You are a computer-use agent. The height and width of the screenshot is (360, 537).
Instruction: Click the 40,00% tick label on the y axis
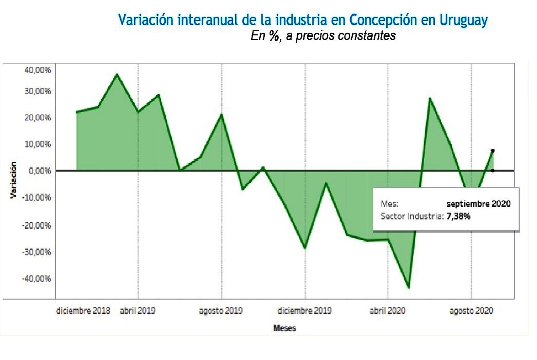point(38,70)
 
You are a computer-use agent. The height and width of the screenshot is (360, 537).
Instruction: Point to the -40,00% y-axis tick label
point(37,279)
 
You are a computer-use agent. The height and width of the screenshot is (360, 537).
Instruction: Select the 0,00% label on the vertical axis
point(40,171)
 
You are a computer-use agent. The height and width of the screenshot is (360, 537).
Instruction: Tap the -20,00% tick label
point(37,225)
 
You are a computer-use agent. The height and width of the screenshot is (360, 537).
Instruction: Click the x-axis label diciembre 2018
point(83,311)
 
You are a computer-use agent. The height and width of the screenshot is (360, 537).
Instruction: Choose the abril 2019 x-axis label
point(138,311)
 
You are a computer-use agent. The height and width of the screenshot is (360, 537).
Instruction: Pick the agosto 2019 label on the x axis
point(221,311)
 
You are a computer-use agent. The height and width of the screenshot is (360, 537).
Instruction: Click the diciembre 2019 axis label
point(304,311)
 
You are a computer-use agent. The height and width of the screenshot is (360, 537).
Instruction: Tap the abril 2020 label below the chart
point(387,311)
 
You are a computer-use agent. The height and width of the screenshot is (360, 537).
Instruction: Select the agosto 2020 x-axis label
point(471,311)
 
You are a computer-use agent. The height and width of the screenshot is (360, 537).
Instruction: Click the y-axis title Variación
point(13,180)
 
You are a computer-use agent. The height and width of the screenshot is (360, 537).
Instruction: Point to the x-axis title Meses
point(284,328)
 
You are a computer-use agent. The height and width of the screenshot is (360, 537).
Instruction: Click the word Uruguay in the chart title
point(463,20)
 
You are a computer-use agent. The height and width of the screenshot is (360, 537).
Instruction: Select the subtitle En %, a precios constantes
point(323,36)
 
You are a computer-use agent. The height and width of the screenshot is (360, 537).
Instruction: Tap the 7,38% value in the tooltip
point(458,216)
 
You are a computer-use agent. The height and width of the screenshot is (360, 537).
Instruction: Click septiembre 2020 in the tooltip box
point(479,204)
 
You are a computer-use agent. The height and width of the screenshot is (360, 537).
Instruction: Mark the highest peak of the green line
point(117,74)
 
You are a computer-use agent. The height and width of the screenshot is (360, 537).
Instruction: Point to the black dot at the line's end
point(493,151)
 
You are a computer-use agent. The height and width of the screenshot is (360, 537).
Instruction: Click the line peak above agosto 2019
point(222,114)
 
